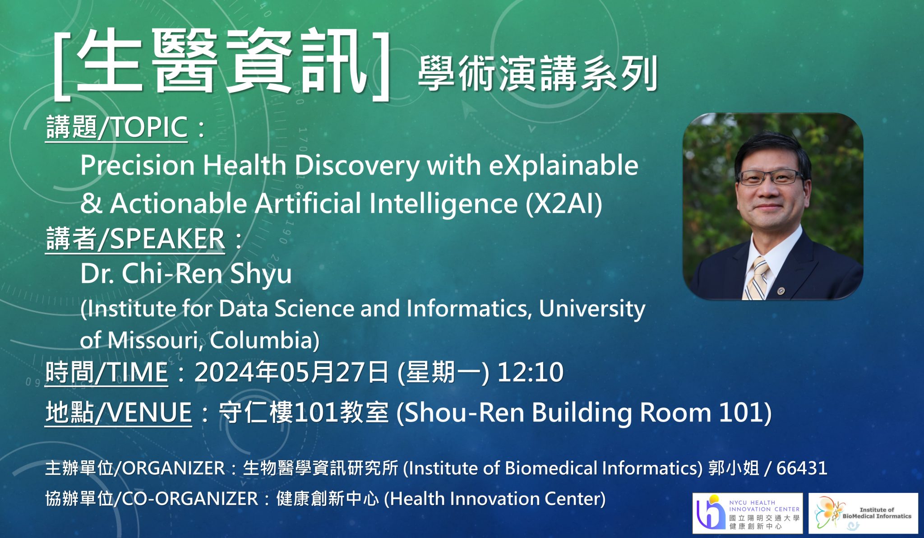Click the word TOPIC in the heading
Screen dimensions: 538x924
point(149,127)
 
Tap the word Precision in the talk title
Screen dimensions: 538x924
point(138,165)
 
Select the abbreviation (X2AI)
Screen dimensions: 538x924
point(564,203)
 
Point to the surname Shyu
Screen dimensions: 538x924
point(260,274)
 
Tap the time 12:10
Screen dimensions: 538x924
point(530,372)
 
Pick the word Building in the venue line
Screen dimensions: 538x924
point(582,413)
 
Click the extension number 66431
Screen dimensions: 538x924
point(802,468)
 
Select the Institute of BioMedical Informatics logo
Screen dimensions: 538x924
point(863,513)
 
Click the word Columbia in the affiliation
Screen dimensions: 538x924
point(264,340)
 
